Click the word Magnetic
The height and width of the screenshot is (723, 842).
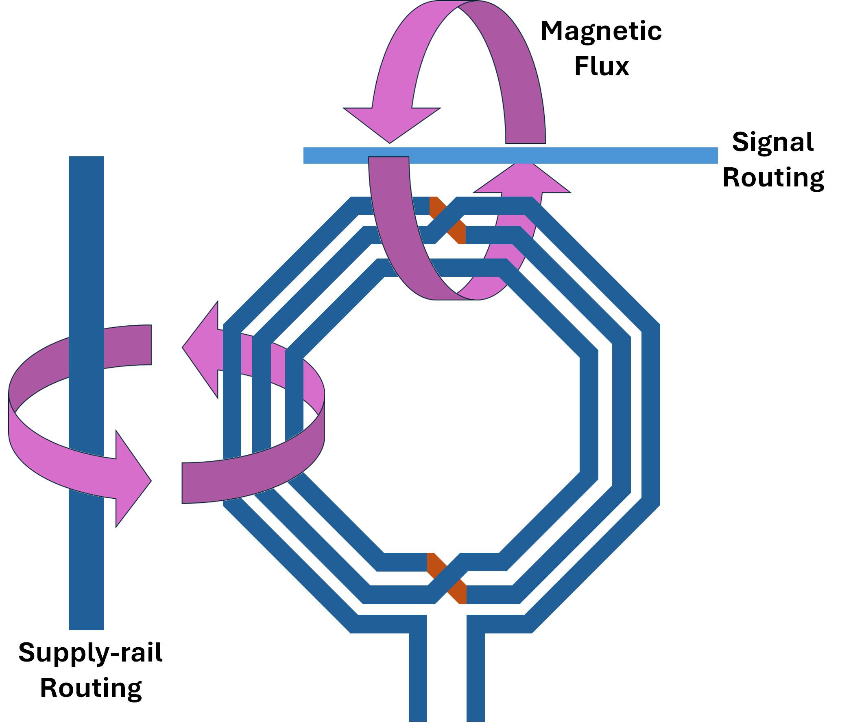[601, 32]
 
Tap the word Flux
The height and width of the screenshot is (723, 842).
[602, 66]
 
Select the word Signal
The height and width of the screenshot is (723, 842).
[772, 142]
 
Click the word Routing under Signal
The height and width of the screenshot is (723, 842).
[773, 177]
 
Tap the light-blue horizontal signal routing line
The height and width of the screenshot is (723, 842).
[610, 156]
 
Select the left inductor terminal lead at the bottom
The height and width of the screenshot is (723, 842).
[418, 684]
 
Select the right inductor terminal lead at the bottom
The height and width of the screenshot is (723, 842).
[476, 684]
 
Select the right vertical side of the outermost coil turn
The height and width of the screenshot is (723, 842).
[650, 415]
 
